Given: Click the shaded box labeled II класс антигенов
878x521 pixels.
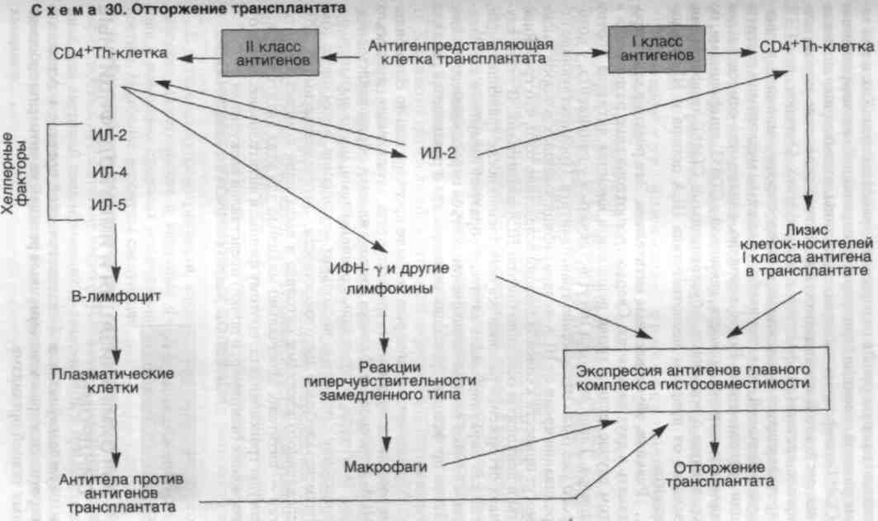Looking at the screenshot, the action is (271, 53).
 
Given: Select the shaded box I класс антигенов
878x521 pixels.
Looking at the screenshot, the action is (656, 49).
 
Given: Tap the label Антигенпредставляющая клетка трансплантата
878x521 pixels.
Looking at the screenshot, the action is (460, 51).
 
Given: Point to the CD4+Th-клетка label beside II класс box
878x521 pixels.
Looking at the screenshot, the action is (111, 53).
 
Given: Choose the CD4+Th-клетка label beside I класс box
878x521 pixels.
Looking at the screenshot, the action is (816, 46).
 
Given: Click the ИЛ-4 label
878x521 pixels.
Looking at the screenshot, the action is (109, 171).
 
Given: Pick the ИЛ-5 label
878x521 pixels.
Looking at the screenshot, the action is (109, 204).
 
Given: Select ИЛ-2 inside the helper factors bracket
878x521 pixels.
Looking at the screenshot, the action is (109, 135).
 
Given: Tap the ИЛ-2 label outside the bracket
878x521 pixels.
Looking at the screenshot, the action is (438, 153).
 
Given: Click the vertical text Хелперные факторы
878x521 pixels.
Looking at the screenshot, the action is (16, 173).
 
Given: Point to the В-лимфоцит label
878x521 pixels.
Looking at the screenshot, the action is (116, 296).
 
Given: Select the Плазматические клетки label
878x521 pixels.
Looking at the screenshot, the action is (113, 381).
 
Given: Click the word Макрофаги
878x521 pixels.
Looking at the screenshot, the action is (385, 467).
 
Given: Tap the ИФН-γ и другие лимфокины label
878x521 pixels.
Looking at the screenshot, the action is (389, 278).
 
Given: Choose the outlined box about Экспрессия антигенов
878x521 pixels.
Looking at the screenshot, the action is (696, 379).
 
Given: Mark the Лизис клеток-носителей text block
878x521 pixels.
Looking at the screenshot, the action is (806, 250).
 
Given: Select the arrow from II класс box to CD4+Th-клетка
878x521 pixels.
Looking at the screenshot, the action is (199, 57).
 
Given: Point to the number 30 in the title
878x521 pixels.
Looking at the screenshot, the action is (114, 9).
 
